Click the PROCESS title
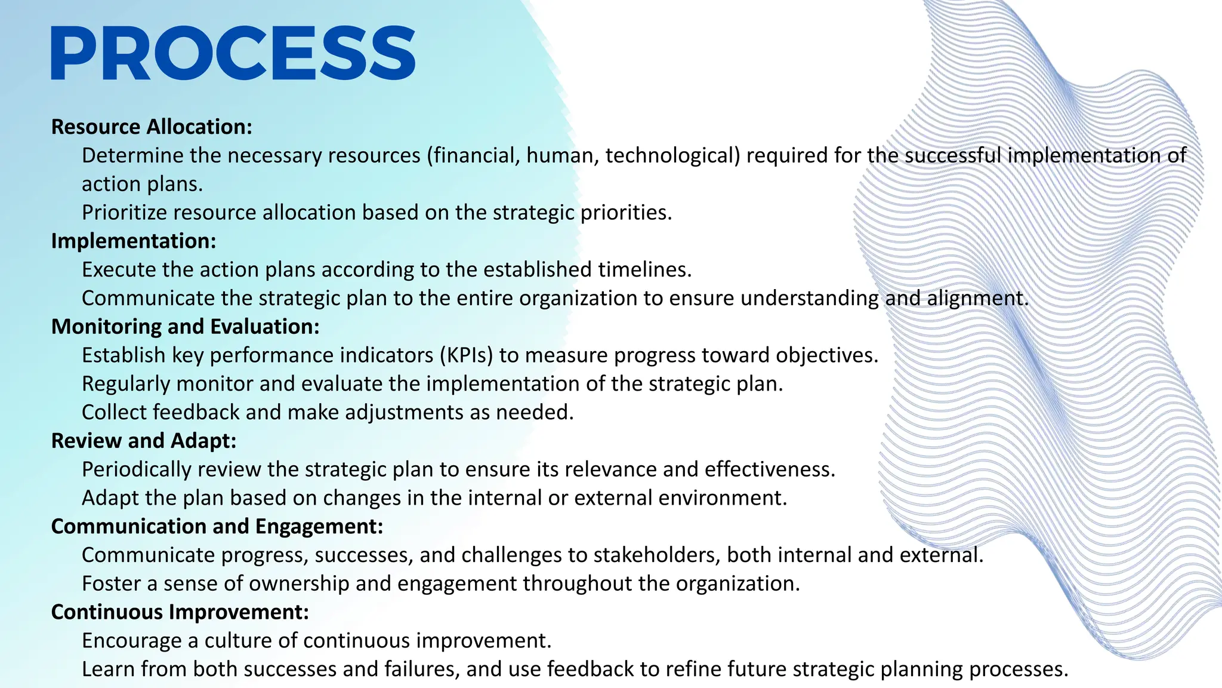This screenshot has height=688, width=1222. [233, 53]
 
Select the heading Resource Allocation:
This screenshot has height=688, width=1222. [152, 127]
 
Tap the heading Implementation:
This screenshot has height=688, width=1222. [134, 241]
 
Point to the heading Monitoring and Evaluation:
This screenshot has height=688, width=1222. [185, 327]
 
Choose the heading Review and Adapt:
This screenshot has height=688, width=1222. [144, 441]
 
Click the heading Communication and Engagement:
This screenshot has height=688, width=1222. [217, 526]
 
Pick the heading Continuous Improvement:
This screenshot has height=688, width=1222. [180, 612]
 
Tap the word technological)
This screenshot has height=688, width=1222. [672, 155]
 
